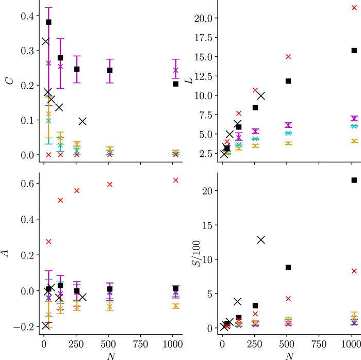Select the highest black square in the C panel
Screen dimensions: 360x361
[48, 22]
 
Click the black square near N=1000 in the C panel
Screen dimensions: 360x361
[175, 84]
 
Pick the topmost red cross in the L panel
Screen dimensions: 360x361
[354, 8]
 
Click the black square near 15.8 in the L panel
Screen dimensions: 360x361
[354, 50]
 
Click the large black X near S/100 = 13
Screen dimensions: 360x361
[261, 239]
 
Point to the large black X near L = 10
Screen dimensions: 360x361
[261, 95]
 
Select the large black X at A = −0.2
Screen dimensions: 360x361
[45, 325]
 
